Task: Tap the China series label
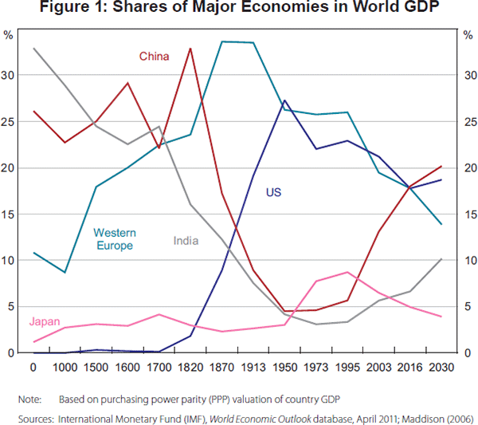coord(153,56)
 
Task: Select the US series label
coord(273,193)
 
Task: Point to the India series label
coord(186,240)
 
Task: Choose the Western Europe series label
coord(115,239)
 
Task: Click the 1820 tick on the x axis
coord(190,368)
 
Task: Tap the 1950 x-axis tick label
coord(284,368)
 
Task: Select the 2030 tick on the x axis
coord(441,368)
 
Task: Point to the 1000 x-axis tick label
coord(65,368)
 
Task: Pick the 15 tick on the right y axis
coord(466,214)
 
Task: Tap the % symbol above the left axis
coord(10,35)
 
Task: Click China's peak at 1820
coord(190,49)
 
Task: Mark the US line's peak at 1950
coord(284,100)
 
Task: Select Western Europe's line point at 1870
coord(221,41)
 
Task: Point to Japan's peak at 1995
coord(347,272)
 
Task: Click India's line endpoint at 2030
coord(441,259)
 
